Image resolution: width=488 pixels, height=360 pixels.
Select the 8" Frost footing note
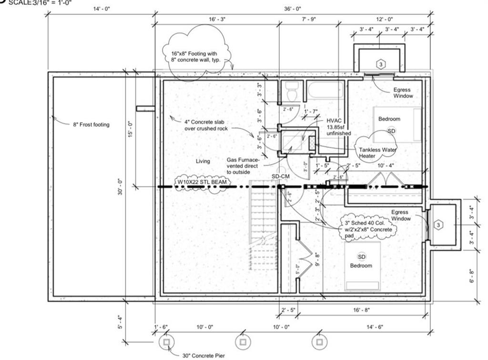pos(91,125)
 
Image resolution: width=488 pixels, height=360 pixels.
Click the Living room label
pos(203,161)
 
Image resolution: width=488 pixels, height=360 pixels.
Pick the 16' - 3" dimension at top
pos(217,19)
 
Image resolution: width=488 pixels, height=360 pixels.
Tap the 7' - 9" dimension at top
pos(309,19)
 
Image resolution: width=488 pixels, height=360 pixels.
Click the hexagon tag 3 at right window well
pos(439,225)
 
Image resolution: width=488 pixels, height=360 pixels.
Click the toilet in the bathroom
pos(292,91)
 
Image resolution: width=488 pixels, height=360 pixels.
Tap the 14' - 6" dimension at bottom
pos(372,327)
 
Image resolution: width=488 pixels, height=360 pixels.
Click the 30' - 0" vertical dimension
pos(121,191)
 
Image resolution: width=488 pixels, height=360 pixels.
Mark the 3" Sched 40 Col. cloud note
pos(368,226)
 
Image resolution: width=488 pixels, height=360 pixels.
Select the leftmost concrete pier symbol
pos(166,342)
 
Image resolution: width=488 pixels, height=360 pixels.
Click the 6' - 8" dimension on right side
pos(471,276)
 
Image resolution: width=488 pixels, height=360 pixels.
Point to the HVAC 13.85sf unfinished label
pos(338,127)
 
